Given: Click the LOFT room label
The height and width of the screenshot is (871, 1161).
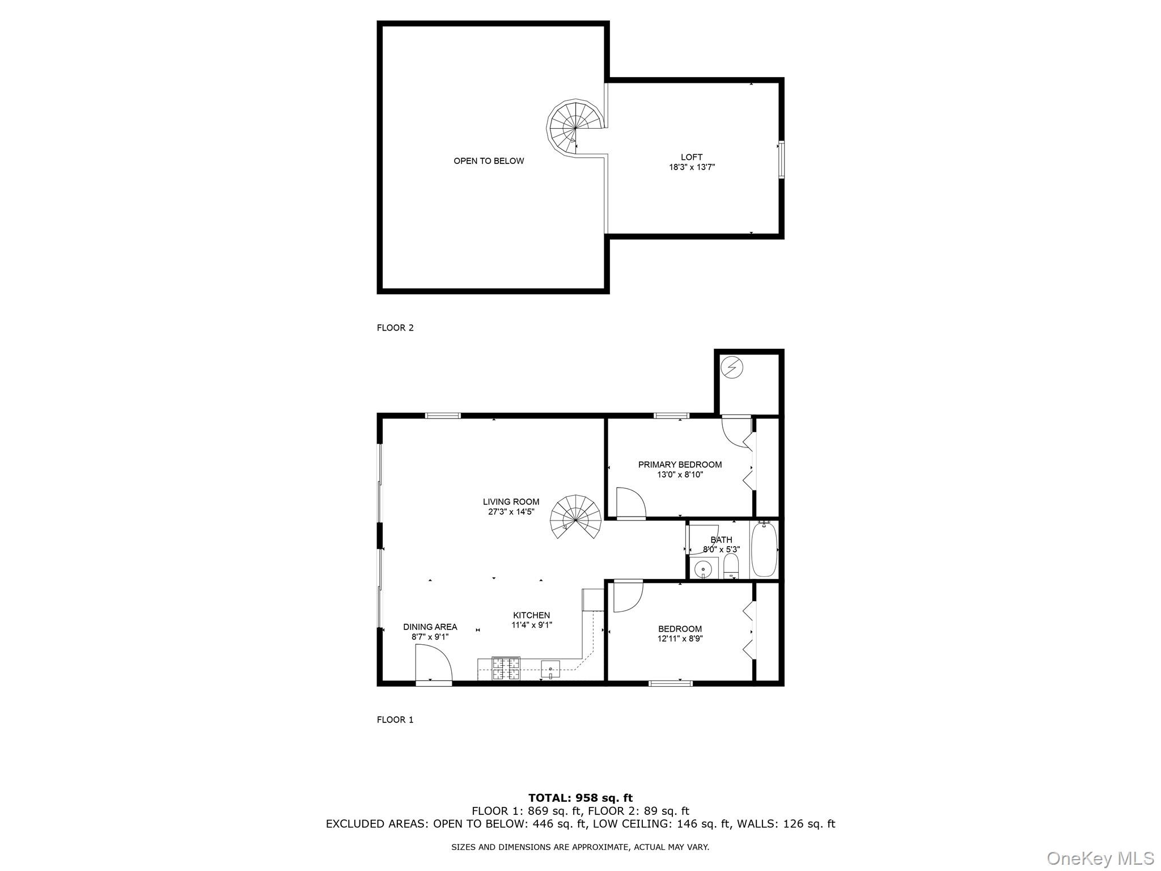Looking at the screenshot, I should point(691,157).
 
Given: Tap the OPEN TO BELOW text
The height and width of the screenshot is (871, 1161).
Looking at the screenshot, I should point(489,161).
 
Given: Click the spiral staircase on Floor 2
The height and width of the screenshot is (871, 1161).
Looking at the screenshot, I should point(573,128).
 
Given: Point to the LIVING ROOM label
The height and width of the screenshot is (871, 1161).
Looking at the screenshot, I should point(511,502).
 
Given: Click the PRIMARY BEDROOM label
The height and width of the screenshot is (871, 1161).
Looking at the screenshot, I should point(680,465).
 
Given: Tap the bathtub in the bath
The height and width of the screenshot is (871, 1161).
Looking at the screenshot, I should point(764,549).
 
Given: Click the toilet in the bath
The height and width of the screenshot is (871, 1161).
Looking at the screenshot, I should point(731,566).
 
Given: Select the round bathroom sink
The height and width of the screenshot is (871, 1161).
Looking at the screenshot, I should point(703,568).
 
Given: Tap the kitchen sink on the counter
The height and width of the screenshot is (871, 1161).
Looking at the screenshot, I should point(550,669).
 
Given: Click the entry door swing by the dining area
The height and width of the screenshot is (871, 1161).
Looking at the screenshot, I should point(433,665).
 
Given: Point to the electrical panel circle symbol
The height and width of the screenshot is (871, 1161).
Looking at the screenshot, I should point(731,367).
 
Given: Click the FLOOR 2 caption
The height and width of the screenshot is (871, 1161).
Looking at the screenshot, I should point(395,328).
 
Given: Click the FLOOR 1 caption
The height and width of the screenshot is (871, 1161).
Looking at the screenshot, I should point(395,720).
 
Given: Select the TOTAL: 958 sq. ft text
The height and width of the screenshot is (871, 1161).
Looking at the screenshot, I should point(580,798).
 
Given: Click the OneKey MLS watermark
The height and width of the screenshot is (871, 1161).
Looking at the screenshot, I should point(1100,858).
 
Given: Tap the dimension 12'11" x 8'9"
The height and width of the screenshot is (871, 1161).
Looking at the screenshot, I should point(680,639).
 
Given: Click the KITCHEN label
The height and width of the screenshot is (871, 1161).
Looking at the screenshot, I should point(531,615).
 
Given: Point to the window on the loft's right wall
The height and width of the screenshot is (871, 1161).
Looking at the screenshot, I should point(781,160).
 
